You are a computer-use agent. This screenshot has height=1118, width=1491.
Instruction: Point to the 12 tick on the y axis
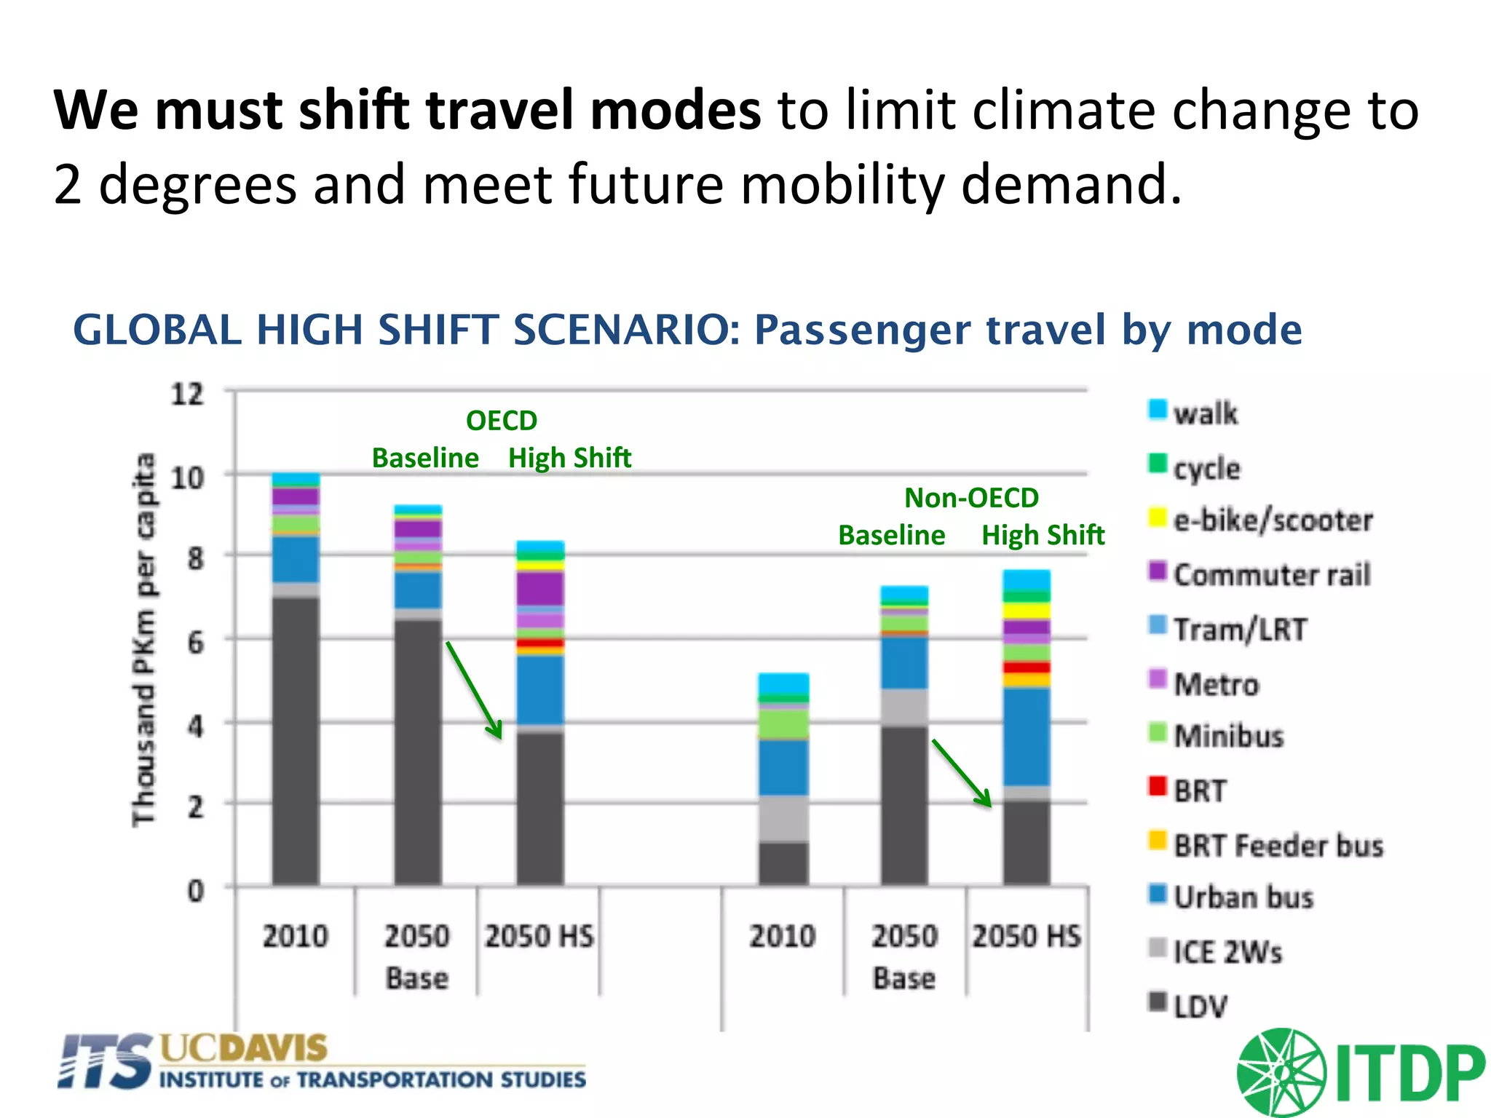pos(187,394)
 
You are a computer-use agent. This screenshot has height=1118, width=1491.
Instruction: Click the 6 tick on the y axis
pos(195,643)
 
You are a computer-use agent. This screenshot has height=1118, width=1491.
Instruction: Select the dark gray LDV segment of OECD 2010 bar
pos(296,739)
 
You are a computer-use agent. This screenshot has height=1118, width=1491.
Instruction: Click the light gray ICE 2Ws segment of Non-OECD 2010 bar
pos(783,818)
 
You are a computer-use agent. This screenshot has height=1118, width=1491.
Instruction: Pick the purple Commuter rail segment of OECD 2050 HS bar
pos(540,588)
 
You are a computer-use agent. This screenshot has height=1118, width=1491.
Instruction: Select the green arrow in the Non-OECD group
pos(961,773)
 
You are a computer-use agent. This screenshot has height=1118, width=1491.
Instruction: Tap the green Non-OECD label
pos(971,498)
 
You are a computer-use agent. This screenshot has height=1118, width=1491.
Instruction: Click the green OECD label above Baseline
pos(501,421)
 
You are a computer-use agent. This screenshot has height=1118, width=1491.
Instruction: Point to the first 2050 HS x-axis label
pos(539,936)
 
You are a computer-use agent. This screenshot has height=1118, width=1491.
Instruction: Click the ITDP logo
pos(1360,1072)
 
